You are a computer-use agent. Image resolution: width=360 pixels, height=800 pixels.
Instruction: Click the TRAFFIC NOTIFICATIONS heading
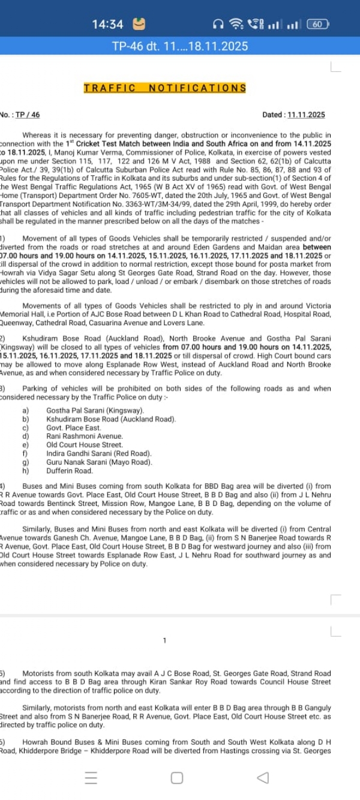pyautogui.click(x=165, y=88)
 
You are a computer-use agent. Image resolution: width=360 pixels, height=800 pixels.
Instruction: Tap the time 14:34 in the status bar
pyautogui.click(x=108, y=25)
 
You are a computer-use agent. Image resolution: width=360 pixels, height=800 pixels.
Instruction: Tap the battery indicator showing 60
pyautogui.click(x=317, y=25)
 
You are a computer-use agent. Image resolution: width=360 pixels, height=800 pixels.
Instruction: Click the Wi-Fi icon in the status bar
pyautogui.click(x=237, y=25)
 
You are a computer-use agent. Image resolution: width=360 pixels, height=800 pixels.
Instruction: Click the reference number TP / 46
pyautogui.click(x=28, y=115)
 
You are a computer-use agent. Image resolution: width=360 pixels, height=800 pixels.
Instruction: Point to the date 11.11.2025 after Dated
pyautogui.click(x=306, y=115)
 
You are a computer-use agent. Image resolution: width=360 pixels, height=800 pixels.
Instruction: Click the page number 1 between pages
pyautogui.click(x=164, y=641)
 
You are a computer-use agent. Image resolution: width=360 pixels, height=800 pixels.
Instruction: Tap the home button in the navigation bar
pyautogui.click(x=177, y=778)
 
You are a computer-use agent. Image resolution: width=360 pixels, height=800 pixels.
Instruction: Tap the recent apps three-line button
pyautogui.click(x=91, y=778)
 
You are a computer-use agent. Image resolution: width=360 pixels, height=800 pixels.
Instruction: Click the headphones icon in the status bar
pyautogui.click(x=218, y=25)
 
